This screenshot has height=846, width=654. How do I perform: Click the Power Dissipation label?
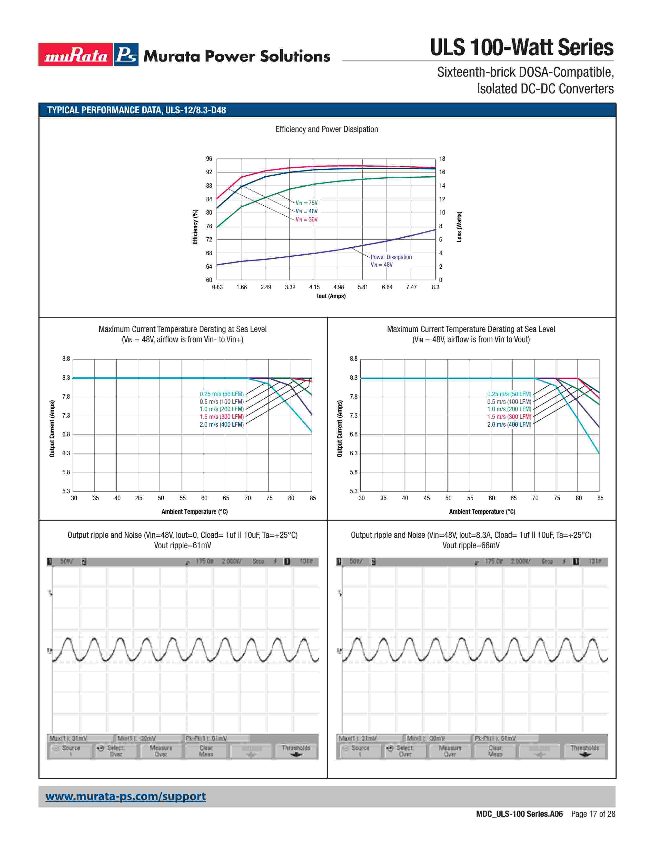tap(391, 257)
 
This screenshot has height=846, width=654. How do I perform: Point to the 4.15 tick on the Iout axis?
tap(314, 287)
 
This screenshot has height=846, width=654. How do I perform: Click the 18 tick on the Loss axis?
tap(442, 159)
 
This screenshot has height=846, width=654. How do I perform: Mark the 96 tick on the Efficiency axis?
tap(209, 159)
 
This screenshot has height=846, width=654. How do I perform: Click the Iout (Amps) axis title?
tap(331, 296)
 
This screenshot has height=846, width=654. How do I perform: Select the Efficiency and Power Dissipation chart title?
tap(326, 129)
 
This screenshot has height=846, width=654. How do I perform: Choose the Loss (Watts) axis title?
tap(459, 227)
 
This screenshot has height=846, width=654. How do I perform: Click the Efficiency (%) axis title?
tap(195, 227)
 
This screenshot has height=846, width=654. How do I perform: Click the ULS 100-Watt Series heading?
tap(521, 48)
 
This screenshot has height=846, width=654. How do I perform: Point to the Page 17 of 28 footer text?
tap(593, 814)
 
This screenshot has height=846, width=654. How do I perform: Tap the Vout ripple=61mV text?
tap(183, 545)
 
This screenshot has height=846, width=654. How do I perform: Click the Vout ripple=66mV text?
tap(471, 545)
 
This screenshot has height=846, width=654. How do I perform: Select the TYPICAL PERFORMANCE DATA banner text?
tap(136, 110)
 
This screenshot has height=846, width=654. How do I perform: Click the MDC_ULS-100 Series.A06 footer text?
tap(519, 814)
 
